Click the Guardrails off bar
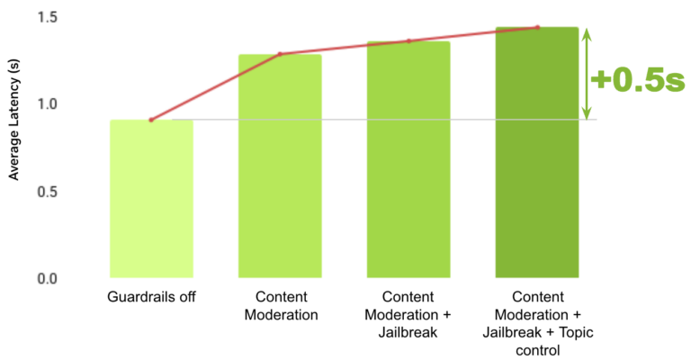[x=151, y=198]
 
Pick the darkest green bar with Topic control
[x=537, y=153]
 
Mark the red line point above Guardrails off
[x=151, y=120]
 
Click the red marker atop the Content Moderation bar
[x=280, y=54]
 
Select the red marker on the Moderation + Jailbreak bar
[x=408, y=40]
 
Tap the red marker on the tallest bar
[x=537, y=27]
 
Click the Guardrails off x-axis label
[x=151, y=296]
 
